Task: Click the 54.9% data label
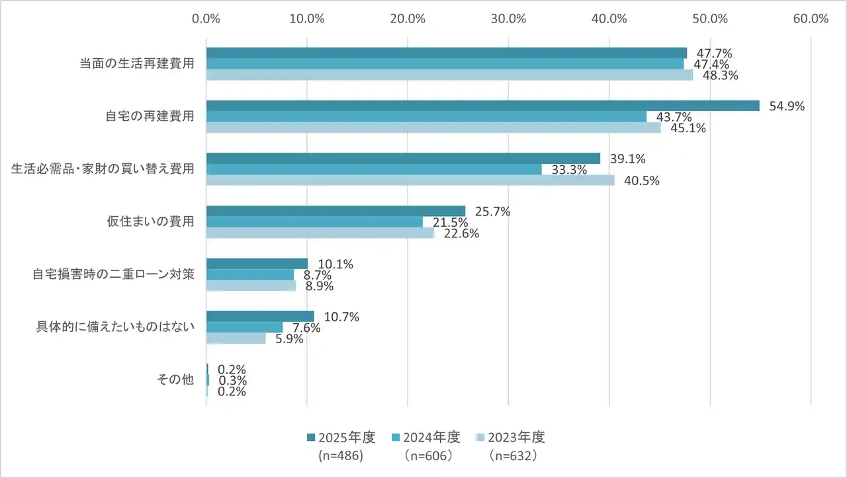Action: coord(787,106)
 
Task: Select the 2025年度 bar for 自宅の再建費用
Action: coord(482,106)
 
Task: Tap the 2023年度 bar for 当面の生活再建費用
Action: coord(449,75)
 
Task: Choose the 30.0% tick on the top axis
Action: coord(508,19)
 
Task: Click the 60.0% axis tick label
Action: coord(811,19)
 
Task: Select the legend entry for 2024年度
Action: coord(426,438)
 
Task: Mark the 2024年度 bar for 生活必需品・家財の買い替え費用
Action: coord(374,169)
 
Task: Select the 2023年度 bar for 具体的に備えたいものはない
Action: coord(236,339)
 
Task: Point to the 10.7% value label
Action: coord(341,317)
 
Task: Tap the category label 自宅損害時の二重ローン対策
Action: coord(114,274)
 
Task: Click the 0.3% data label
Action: coord(232,381)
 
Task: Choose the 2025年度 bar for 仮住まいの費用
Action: coord(335,211)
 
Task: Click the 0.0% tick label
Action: coord(206,19)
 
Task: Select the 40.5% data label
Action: coord(641,180)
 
